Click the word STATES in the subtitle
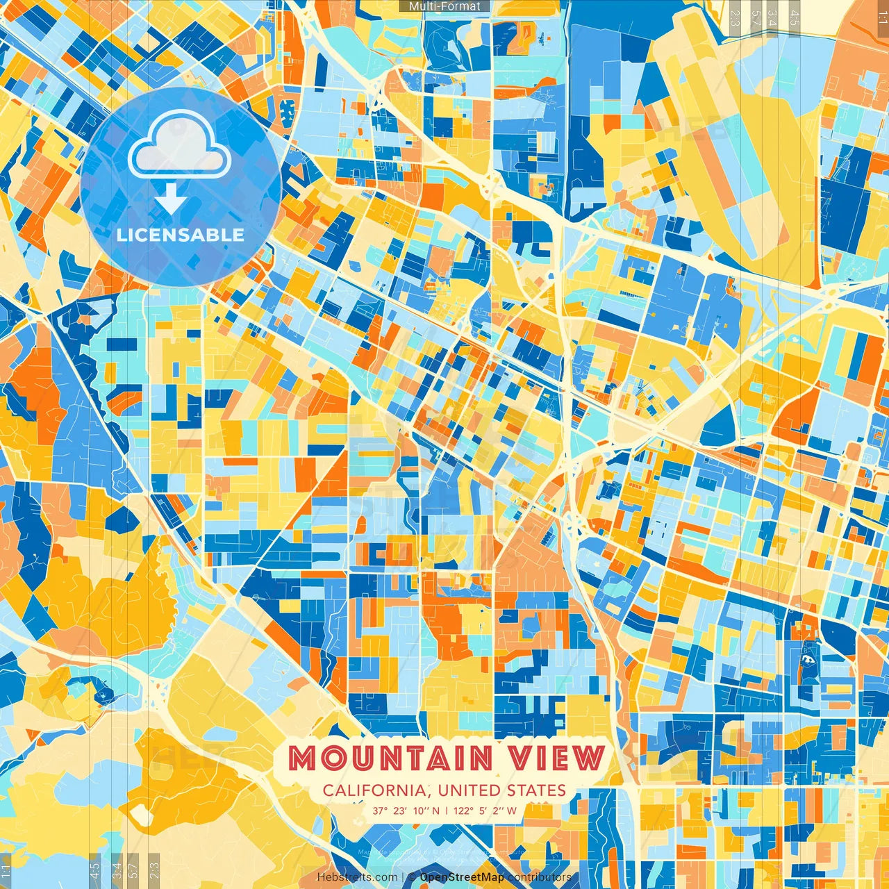click(536, 790)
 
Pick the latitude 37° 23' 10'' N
click(406, 811)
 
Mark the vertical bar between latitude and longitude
click(446, 811)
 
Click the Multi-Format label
click(444, 6)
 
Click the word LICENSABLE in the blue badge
click(181, 235)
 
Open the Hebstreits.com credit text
click(357, 877)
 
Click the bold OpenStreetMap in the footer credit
click(462, 877)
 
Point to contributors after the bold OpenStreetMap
click(539, 877)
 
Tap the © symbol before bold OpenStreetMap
click(412, 877)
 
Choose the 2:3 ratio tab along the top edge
click(735, 14)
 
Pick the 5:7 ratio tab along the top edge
click(754, 14)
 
